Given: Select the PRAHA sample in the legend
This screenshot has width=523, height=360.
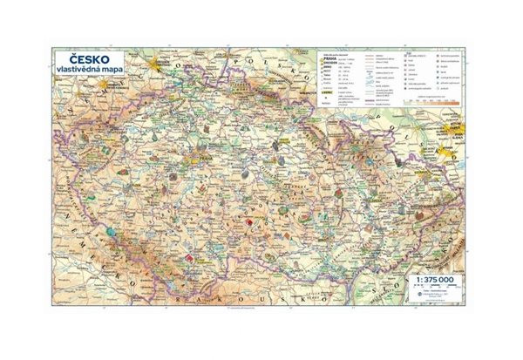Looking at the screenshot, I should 331,58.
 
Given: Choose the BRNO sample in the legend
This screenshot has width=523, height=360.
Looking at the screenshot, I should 329,69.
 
